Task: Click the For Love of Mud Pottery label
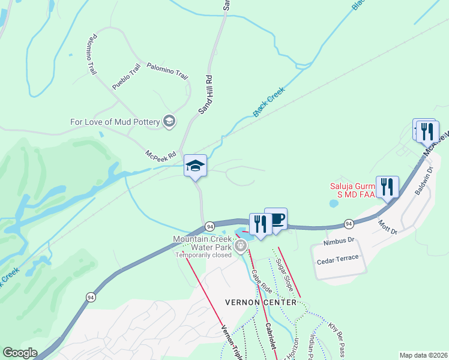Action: pyautogui.click(x=115, y=122)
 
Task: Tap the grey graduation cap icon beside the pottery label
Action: pyautogui.click(x=169, y=122)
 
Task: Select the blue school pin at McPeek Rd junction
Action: pyautogui.click(x=196, y=166)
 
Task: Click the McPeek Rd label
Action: pyautogui.click(x=160, y=155)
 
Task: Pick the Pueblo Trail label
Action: pyautogui.click(x=126, y=76)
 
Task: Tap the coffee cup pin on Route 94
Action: pyautogui.click(x=276, y=219)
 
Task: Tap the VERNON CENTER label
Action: pyautogui.click(x=261, y=302)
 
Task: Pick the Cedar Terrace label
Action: pyautogui.click(x=338, y=257)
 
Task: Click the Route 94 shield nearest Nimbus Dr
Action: pyautogui.click(x=349, y=224)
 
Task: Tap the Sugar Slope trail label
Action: pyautogui.click(x=284, y=275)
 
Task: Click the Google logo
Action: pyautogui.click(x=20, y=353)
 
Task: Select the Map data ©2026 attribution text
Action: pyautogui.click(x=423, y=355)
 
